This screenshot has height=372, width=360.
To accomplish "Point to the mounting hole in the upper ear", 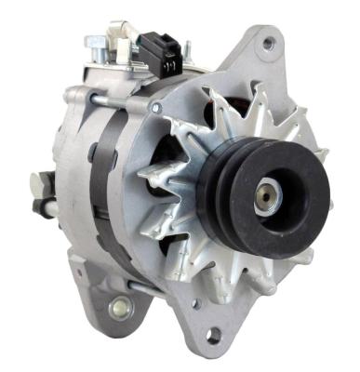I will click(x=269, y=43).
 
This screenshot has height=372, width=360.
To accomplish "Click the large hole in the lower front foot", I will click(x=213, y=336).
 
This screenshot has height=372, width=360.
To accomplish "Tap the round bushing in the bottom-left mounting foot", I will click(x=119, y=306).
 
